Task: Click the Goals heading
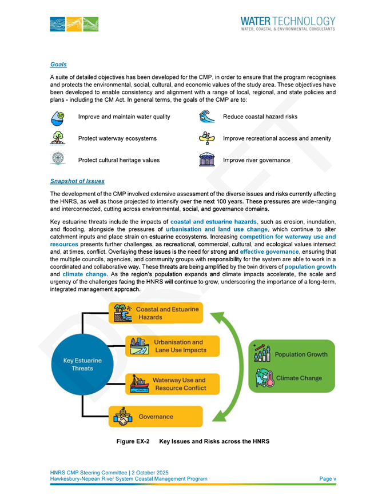click(x=58, y=65)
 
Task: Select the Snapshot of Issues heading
click(x=77, y=181)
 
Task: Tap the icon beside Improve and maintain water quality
click(x=58, y=117)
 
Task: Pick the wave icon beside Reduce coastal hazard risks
click(x=205, y=117)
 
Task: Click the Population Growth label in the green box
click(x=301, y=354)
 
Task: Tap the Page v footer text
click(x=327, y=478)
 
